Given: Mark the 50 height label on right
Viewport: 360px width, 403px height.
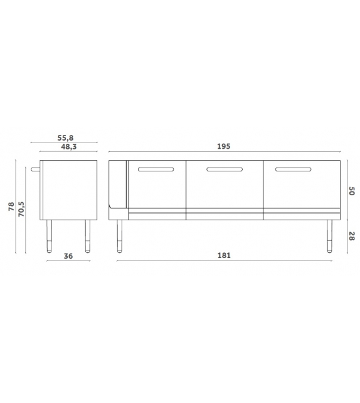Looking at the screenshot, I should (352, 191).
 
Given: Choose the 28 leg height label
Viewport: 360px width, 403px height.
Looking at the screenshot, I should (352, 236).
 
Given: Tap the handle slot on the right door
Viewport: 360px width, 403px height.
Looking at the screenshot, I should (294, 169).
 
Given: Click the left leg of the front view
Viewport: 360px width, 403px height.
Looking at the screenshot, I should (119, 236).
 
